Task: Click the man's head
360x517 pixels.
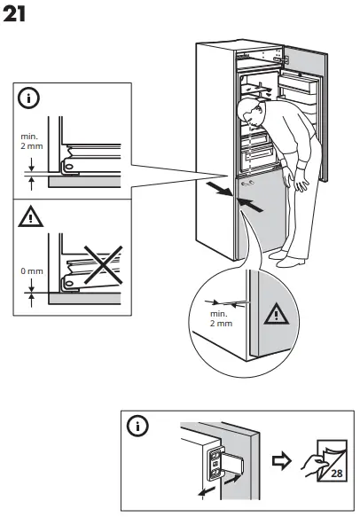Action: pos(251,113)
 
